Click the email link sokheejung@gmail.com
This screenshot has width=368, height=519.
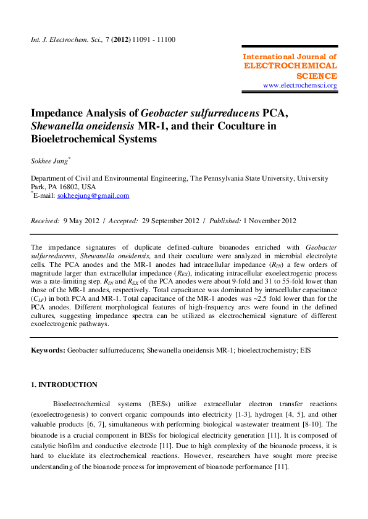93,195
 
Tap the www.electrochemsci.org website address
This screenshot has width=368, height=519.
300,85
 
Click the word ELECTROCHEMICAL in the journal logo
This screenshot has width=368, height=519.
291,65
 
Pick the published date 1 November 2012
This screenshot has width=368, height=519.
270,221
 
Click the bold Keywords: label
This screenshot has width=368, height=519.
48,349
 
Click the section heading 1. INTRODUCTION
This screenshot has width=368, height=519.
64,385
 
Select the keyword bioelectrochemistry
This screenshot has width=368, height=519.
264,349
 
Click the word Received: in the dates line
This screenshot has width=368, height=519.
45,221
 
